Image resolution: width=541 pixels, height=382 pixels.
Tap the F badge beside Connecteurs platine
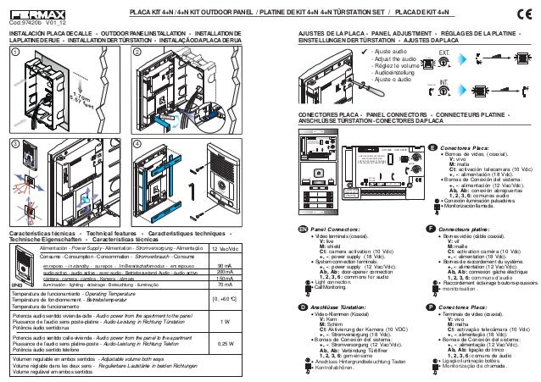pos(432,229)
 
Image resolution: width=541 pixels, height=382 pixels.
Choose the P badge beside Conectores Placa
pos(432,306)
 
